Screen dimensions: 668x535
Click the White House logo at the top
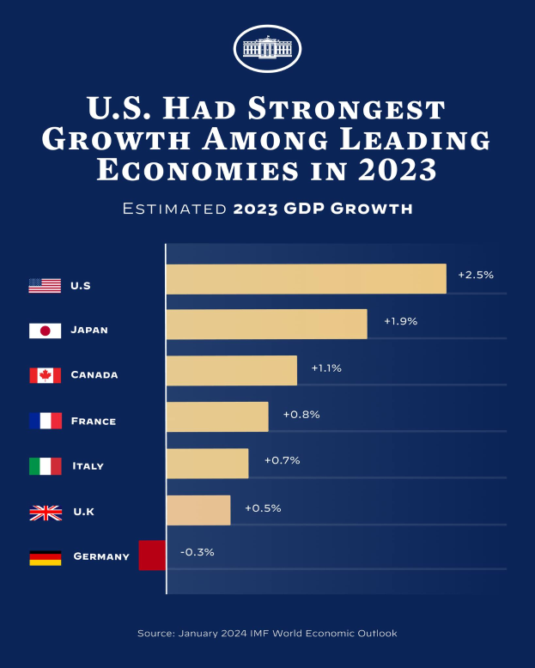267,49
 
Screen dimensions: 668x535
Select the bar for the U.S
306,279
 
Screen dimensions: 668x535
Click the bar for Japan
266,324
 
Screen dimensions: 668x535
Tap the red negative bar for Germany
152,555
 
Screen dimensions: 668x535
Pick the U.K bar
198,510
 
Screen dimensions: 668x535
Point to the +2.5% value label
476,275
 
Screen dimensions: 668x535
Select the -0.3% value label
197,552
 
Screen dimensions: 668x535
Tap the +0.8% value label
301,414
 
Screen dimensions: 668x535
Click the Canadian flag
45,375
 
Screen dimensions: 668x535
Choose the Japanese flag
45,331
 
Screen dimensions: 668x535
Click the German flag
45,557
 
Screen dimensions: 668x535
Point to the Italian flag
45,466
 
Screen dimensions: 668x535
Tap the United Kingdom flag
45,513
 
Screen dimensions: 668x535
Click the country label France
94,422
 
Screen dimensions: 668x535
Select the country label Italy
89,466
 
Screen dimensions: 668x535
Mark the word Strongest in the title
357,109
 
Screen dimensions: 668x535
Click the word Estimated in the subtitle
174,209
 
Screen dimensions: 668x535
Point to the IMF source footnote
267,633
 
